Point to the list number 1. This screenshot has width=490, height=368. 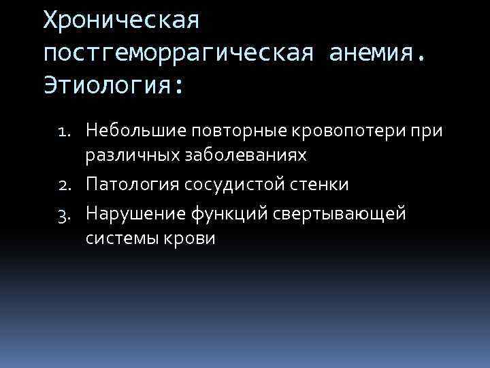[x=70, y=130]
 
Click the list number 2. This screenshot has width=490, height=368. [x=71, y=185]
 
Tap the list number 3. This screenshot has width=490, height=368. [x=71, y=214]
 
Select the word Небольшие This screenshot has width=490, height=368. [x=137, y=130]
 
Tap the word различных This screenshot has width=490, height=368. [x=129, y=156]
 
